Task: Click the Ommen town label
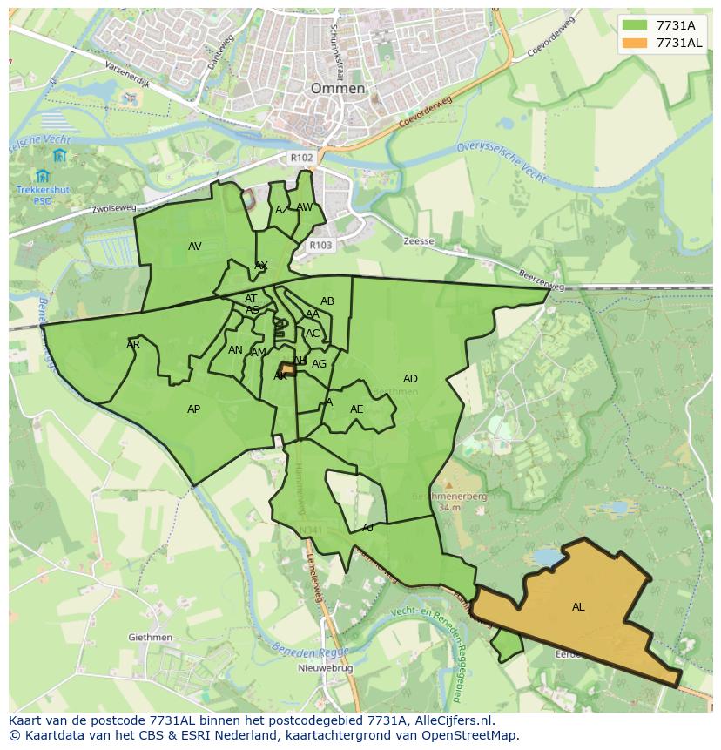pyautogui.click(x=338, y=89)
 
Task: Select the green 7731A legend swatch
pyautogui.click(x=636, y=25)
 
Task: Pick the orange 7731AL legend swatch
pyautogui.click(x=636, y=43)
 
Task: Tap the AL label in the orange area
pyautogui.click(x=578, y=607)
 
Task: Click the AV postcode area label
pyautogui.click(x=194, y=247)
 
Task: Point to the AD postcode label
pyautogui.click(x=410, y=379)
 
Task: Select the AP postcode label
pyautogui.click(x=193, y=409)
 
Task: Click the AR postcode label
pyautogui.click(x=133, y=345)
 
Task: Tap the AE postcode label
pyautogui.click(x=356, y=409)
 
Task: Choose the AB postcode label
pyautogui.click(x=327, y=301)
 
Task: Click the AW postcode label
pyautogui.click(x=304, y=207)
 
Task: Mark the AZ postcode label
pyautogui.click(x=282, y=210)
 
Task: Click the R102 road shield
pyautogui.click(x=301, y=158)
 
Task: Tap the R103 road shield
pyautogui.click(x=320, y=246)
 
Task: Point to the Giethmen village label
pyautogui.click(x=150, y=638)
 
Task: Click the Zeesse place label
pyautogui.click(x=419, y=241)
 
